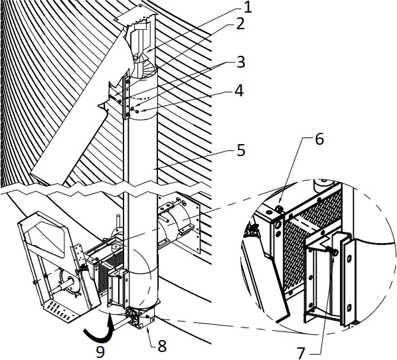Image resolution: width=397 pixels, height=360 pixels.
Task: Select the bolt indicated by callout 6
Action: tap(280, 210)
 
